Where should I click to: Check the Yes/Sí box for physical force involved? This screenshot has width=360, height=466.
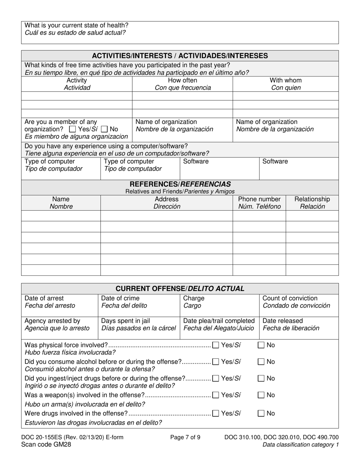216,345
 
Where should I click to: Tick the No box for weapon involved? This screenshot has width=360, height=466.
261,395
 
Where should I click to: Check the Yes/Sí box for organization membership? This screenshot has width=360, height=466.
72,129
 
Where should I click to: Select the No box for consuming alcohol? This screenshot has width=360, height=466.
261,362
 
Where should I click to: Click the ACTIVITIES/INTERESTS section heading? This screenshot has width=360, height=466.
180,56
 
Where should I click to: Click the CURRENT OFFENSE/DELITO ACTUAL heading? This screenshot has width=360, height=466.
180,288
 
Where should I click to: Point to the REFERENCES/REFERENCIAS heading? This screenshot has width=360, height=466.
180,184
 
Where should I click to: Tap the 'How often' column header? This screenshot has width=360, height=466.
182,80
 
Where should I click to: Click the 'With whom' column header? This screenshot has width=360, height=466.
285,80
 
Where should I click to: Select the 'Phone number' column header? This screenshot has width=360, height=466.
259,199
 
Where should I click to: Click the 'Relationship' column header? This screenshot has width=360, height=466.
312,199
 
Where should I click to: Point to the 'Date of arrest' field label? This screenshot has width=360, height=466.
44,298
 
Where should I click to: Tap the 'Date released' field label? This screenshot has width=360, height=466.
282,321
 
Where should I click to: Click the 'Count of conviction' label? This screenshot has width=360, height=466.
290,298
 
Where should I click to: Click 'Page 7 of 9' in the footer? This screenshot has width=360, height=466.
185,438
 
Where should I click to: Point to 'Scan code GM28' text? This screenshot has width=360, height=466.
46,445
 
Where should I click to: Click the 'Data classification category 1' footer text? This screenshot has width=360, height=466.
301,445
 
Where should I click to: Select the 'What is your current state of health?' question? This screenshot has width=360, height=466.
77,25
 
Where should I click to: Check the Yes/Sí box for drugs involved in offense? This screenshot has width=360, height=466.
216,413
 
